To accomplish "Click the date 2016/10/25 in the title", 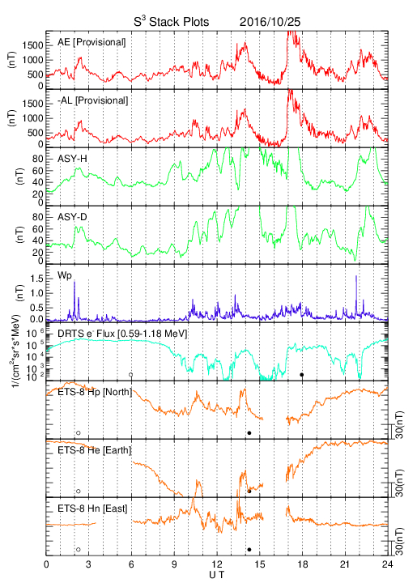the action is (270, 22).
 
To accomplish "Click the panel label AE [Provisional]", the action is (91, 42).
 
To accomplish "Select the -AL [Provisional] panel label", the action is (92, 100).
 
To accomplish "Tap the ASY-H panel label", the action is (72, 159).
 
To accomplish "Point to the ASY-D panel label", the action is (72, 217).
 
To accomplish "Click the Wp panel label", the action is (65, 276).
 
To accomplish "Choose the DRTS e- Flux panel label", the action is (122, 334).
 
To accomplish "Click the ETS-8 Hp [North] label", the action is (95, 392).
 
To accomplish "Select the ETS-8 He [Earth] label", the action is (95, 450).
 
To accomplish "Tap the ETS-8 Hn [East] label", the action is (92, 509).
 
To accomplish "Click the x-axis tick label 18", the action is (303, 564).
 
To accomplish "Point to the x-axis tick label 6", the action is (131, 564).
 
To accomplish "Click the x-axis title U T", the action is (217, 575).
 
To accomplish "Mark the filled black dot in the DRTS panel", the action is (302, 375).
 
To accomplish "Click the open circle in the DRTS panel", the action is (131, 375).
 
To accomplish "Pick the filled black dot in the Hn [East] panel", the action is (249, 550).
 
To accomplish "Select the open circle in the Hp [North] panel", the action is (79, 432).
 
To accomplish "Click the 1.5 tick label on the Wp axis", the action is (36, 279).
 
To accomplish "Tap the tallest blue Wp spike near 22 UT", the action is (356, 276).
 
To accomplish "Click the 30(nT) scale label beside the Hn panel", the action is (399, 542).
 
